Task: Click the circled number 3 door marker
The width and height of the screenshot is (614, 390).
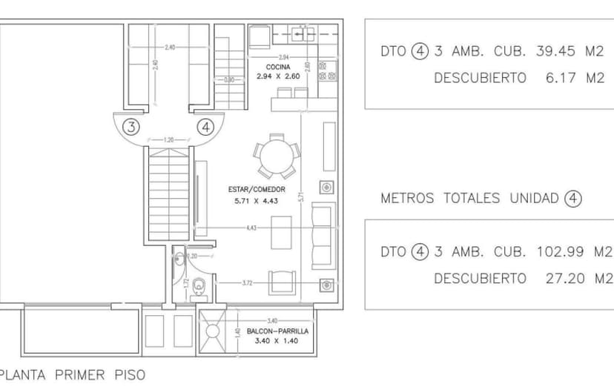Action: [x=131, y=126]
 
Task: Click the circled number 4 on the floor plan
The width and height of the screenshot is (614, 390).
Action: [x=205, y=126]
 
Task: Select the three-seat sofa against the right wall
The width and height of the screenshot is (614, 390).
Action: [x=322, y=235]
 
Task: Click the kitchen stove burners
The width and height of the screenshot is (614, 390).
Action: [x=324, y=71]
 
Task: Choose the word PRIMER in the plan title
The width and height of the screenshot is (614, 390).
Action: [x=79, y=375]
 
